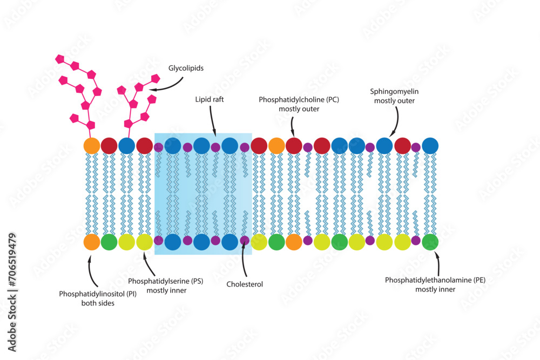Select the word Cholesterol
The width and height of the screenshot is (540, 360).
pyautogui.click(x=245, y=284)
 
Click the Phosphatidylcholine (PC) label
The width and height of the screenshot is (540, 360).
pyautogui.click(x=299, y=100)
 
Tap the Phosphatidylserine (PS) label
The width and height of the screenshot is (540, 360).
pyautogui.click(x=165, y=281)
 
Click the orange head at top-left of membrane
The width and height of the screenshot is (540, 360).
pyautogui.click(x=92, y=145)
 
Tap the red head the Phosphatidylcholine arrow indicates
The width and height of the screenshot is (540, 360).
pyautogui.click(x=294, y=145)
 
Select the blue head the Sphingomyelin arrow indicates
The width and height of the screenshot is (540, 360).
pyautogui.click(x=384, y=145)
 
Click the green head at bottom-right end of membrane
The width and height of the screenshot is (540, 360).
pyautogui.click(x=430, y=242)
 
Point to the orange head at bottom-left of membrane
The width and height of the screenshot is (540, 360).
pyautogui.click(x=92, y=242)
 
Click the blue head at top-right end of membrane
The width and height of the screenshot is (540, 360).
pyautogui.click(x=430, y=145)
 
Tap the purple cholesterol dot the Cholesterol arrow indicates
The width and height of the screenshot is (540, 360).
pyautogui.click(x=245, y=240)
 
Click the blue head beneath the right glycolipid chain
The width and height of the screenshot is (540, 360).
pyautogui.click(x=126, y=145)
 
